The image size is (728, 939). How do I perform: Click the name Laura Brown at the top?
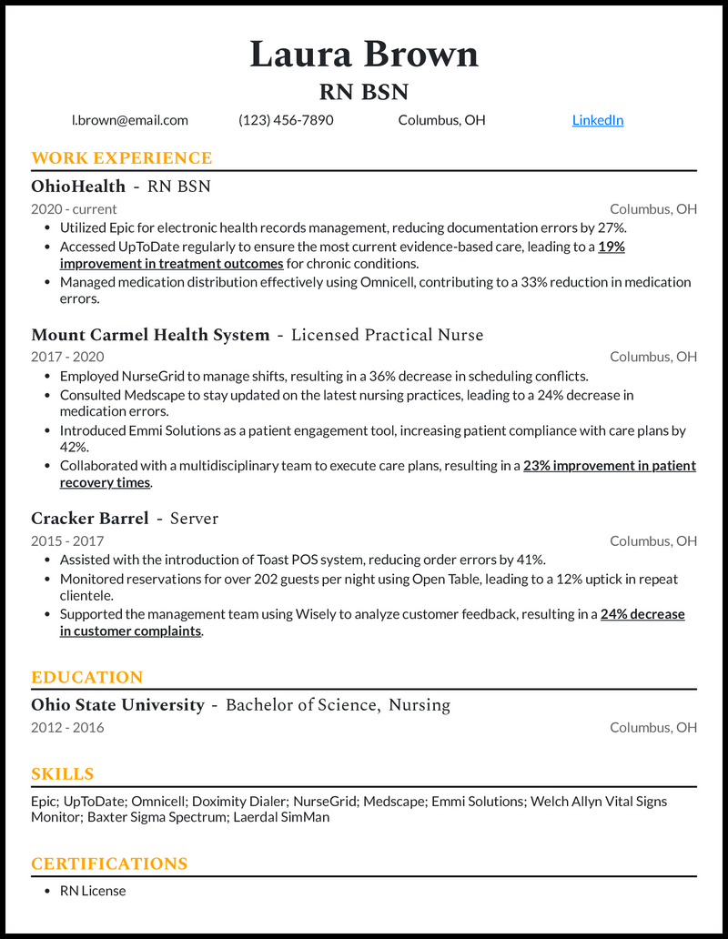coord(364,55)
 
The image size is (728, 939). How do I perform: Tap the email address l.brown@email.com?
coord(130,120)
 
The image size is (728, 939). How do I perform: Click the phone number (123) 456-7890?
coord(286,120)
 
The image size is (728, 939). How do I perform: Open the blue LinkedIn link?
coord(597,120)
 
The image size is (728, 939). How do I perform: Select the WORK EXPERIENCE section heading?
coord(121,158)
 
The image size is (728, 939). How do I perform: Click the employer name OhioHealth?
coord(78,187)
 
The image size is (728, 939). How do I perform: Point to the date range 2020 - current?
coord(74,209)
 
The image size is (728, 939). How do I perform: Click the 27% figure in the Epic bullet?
coord(612,227)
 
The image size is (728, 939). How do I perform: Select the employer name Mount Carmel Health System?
coord(150,335)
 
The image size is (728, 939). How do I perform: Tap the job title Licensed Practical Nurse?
coord(387,335)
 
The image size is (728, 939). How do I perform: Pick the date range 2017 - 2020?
coord(67,357)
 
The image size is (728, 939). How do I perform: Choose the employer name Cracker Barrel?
coord(89,519)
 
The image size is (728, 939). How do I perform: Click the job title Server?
coord(194,519)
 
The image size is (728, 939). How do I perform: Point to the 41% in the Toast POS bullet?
coord(531,560)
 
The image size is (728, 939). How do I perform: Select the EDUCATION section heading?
coord(86,678)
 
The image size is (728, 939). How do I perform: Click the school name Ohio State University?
coord(117,705)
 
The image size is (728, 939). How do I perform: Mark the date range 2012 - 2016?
coord(67,727)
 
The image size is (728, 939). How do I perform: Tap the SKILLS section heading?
coord(63,774)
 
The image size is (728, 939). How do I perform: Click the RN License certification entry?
coord(93,891)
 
